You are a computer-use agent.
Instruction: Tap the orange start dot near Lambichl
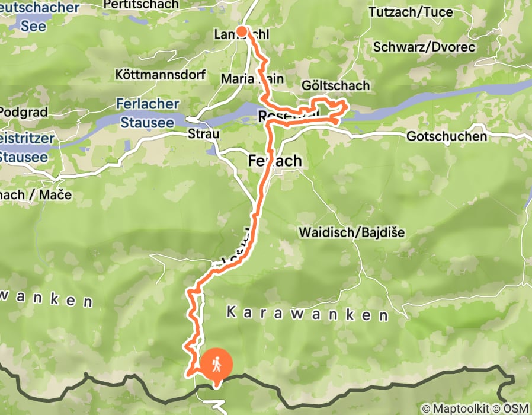242,31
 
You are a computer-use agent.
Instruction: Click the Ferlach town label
274,161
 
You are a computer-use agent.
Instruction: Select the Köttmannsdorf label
160,75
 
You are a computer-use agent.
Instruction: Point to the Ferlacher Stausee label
148,113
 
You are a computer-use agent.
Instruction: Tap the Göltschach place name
335,86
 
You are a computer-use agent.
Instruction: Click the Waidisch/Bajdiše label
352,232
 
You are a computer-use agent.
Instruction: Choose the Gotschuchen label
447,136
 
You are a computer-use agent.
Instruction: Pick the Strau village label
204,134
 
